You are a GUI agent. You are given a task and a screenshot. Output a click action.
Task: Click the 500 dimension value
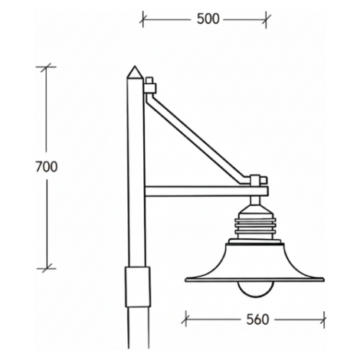(x=208, y=19)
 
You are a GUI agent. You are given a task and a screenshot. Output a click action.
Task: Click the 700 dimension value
(x=47, y=167)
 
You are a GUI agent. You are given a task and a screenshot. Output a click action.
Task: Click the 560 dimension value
(x=257, y=319)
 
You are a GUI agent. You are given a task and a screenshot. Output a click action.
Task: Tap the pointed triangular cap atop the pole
(x=135, y=72)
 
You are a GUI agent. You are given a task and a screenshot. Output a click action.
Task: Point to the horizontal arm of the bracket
(x=206, y=191)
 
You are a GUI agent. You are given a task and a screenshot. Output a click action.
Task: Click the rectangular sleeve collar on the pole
(x=138, y=286)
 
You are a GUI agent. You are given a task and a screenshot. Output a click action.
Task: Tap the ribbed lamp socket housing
(x=256, y=225)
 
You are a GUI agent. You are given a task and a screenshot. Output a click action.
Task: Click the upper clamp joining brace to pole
(x=150, y=86)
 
